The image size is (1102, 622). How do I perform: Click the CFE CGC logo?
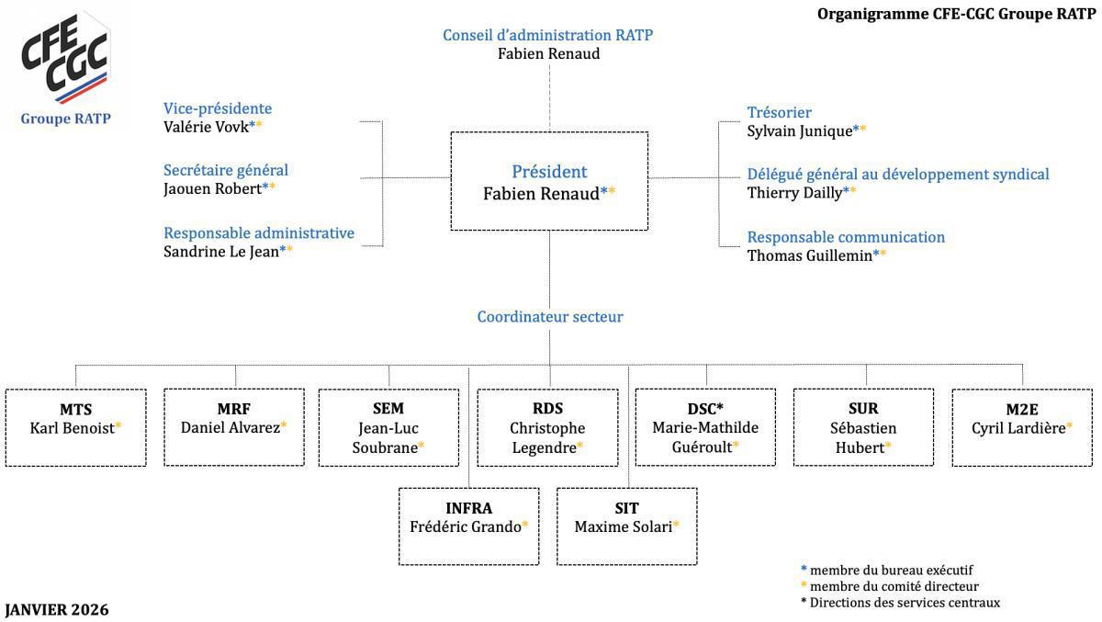pyautogui.click(x=65, y=61)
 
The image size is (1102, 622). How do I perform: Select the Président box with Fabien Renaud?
pyautogui.click(x=549, y=181)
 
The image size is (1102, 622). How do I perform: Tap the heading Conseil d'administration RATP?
pyautogui.click(x=547, y=35)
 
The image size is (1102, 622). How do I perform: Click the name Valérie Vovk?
pyautogui.click(x=208, y=127)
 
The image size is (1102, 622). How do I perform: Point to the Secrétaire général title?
pyautogui.click(x=226, y=170)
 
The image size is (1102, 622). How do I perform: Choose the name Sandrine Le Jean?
pyautogui.click(x=221, y=251)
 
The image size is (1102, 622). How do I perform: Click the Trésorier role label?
pyautogui.click(x=779, y=112)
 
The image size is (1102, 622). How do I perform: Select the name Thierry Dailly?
pyautogui.click(x=795, y=192)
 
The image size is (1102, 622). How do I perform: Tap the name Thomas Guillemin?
pyautogui.click(x=810, y=255)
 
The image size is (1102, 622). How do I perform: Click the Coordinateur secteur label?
pyautogui.click(x=549, y=317)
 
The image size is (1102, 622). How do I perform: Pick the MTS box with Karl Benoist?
pyautogui.click(x=75, y=427)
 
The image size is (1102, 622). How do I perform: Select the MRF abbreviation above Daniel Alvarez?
pyautogui.click(x=234, y=409)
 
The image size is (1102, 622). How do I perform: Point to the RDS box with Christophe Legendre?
pyautogui.click(x=547, y=427)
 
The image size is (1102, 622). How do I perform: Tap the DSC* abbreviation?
pyautogui.click(x=705, y=409)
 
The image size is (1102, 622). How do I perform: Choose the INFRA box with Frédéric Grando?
pyautogui.click(x=468, y=526)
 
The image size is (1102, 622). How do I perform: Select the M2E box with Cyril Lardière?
pyautogui.click(x=1022, y=427)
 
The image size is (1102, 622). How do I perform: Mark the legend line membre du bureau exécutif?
pyautogui.click(x=891, y=570)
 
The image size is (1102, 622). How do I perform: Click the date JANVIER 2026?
pyautogui.click(x=57, y=610)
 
